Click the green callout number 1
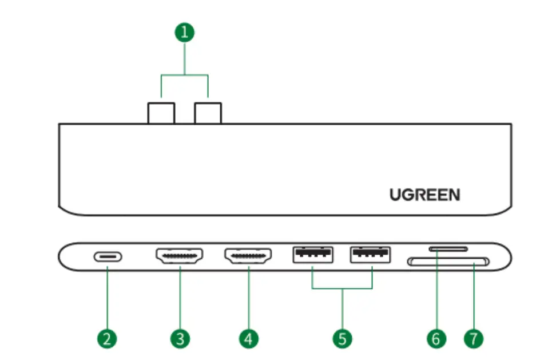coord(184,32)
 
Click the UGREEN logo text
coord(424,195)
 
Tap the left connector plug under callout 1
coord(161,113)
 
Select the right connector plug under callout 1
coord(207,113)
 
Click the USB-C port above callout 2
coord(108,257)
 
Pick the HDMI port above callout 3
coord(180,257)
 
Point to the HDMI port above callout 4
coord(248,257)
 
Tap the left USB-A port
coord(313,255)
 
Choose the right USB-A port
coord(371,255)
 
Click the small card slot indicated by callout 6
coord(448,249)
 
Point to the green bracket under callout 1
coord(184,74)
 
